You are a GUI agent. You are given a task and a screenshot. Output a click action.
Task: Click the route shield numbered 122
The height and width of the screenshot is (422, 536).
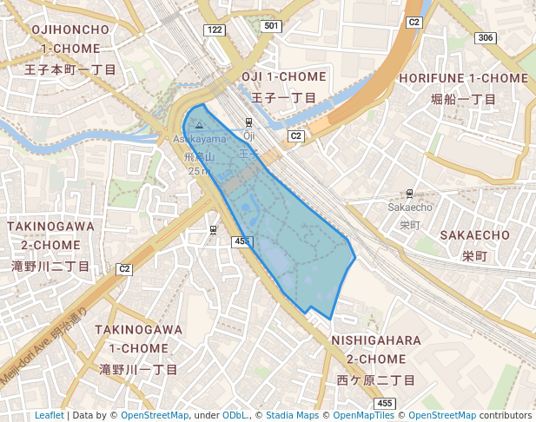[x=215, y=30]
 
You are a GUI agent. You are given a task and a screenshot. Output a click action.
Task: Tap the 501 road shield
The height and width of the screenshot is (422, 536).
[x=272, y=26]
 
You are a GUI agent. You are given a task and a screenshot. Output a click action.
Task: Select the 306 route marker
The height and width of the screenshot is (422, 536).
[x=486, y=37]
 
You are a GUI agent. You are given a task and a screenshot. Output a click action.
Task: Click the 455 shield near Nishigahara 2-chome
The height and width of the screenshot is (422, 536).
[x=385, y=404]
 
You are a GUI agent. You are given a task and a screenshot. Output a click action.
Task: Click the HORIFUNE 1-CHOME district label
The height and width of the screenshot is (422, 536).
[x=463, y=78]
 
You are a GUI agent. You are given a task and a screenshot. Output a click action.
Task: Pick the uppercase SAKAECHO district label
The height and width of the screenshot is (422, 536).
[x=474, y=235]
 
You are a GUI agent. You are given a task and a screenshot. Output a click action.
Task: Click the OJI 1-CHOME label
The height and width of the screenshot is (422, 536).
[x=283, y=77]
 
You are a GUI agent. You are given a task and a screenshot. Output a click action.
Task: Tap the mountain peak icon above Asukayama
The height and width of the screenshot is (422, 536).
[x=198, y=125]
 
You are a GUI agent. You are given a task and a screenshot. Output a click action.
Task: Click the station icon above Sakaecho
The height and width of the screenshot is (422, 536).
[x=409, y=193]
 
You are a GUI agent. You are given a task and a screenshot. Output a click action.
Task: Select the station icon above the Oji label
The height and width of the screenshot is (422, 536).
[x=249, y=122]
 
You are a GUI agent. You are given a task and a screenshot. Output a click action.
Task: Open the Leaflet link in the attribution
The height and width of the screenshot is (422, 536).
[x=50, y=415]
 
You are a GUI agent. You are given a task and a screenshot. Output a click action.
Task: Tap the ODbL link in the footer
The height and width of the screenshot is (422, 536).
[x=235, y=415]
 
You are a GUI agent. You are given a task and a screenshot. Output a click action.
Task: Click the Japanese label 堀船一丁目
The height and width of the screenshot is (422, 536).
[x=463, y=99]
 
